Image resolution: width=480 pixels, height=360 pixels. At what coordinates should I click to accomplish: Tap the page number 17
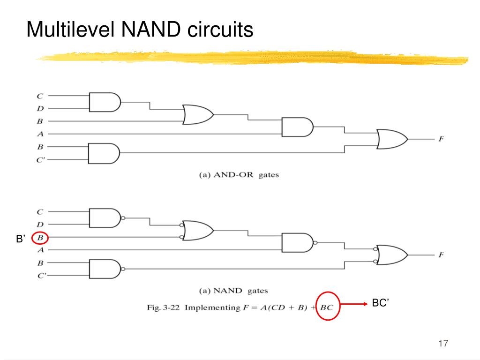(443, 344)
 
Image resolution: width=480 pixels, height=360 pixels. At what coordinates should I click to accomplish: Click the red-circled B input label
(40, 238)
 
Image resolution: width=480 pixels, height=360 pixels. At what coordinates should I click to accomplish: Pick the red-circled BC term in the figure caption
(327, 307)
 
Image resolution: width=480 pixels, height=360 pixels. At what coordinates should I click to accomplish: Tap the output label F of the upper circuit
(441, 139)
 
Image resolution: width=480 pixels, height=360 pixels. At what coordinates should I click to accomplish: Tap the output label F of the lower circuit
(441, 255)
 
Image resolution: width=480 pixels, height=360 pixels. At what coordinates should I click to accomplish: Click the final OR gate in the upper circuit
(391, 139)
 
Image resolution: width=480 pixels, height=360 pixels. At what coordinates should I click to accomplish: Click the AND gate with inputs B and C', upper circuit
(104, 153)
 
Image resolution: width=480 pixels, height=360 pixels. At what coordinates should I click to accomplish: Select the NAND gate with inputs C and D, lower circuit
(104, 218)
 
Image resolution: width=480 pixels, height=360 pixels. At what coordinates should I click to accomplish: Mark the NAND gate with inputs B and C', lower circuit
(104, 269)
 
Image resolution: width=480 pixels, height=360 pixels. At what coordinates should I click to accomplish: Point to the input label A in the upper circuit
(40, 134)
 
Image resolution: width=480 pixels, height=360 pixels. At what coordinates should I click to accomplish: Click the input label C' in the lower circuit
(41, 276)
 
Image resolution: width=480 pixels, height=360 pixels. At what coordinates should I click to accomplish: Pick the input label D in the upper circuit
(40, 109)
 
